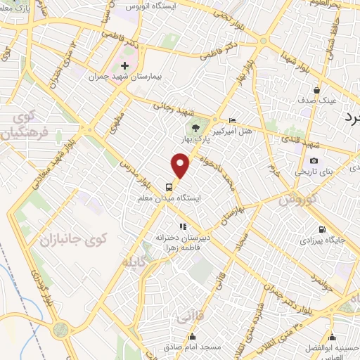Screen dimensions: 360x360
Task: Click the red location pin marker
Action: point(181,166)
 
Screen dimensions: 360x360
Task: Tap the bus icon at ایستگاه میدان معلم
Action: point(169,187)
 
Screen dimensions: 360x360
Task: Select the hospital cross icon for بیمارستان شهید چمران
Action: point(124,65)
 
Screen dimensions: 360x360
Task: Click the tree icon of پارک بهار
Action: point(196,128)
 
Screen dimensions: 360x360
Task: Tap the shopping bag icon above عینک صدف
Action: point(317,90)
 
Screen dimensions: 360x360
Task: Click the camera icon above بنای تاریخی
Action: point(314,161)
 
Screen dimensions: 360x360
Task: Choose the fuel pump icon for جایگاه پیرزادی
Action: point(322,229)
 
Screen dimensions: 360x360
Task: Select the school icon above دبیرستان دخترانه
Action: point(183,226)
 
